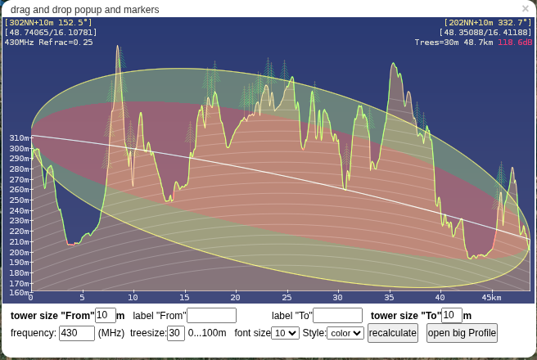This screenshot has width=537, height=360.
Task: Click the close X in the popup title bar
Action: pyautogui.click(x=526, y=9)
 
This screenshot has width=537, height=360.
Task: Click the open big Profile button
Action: pyautogui.click(x=462, y=333)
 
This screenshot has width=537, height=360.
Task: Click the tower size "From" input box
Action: pyautogui.click(x=106, y=316)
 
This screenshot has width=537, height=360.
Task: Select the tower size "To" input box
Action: pyautogui.click(x=452, y=316)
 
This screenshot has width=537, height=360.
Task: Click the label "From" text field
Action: pyautogui.click(x=211, y=316)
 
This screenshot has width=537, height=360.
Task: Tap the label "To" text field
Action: pyautogui.click(x=337, y=316)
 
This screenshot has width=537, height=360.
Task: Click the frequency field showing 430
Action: pyautogui.click(x=77, y=333)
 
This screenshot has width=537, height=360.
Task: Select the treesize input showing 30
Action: pyautogui.click(x=176, y=333)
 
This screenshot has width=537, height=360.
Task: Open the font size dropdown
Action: pyautogui.click(x=286, y=333)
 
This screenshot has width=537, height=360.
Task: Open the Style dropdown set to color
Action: pyautogui.click(x=345, y=333)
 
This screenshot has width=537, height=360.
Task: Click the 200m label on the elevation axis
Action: pyautogui.click(x=19, y=252)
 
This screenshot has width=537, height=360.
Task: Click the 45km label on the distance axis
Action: pyautogui.click(x=491, y=297)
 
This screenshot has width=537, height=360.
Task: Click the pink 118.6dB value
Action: pyautogui.click(x=515, y=42)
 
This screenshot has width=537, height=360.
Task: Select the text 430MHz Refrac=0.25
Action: pyautogui.click(x=49, y=42)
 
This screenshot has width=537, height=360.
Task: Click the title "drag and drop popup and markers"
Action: pyautogui.click(x=85, y=9)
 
